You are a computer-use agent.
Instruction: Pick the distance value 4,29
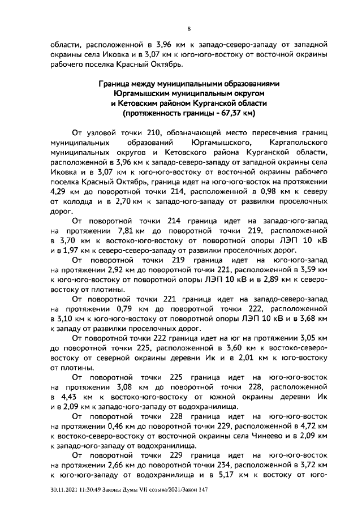[59, 194]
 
